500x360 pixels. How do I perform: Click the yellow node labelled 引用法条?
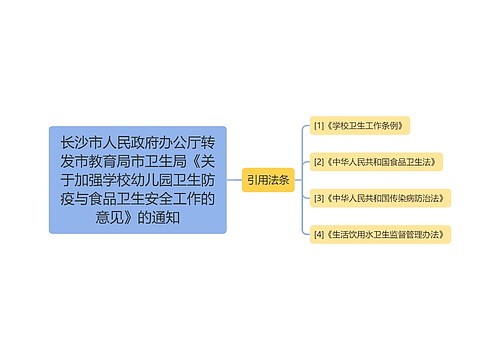268,180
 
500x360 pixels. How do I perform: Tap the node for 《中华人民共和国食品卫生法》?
377,161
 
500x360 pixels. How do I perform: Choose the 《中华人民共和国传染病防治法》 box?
381,197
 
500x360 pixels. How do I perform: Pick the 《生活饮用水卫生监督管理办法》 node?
381,234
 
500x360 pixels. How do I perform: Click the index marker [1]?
319,126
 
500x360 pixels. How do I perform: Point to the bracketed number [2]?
319,161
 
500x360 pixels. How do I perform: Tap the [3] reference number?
319,197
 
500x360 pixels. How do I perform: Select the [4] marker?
319,234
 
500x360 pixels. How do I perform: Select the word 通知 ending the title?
166,216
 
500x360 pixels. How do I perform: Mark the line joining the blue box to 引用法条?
234,180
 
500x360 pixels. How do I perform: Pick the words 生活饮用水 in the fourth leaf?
352,234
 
